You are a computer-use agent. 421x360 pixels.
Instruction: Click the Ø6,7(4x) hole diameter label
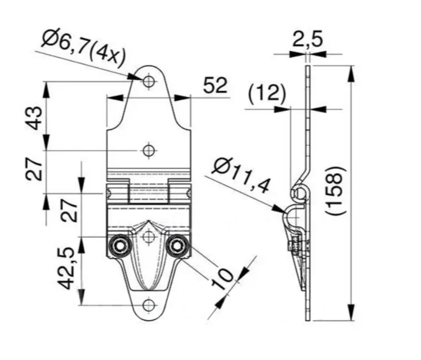(84, 49)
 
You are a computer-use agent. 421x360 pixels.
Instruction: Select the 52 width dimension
(215, 85)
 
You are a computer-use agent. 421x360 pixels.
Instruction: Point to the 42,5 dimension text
(66, 268)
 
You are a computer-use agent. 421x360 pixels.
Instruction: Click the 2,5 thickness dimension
(307, 39)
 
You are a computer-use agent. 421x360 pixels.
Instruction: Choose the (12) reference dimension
(267, 94)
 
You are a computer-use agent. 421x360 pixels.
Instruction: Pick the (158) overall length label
(335, 191)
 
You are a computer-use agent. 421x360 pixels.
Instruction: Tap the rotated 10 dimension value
(222, 280)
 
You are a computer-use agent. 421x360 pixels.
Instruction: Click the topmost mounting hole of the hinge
(149, 81)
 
